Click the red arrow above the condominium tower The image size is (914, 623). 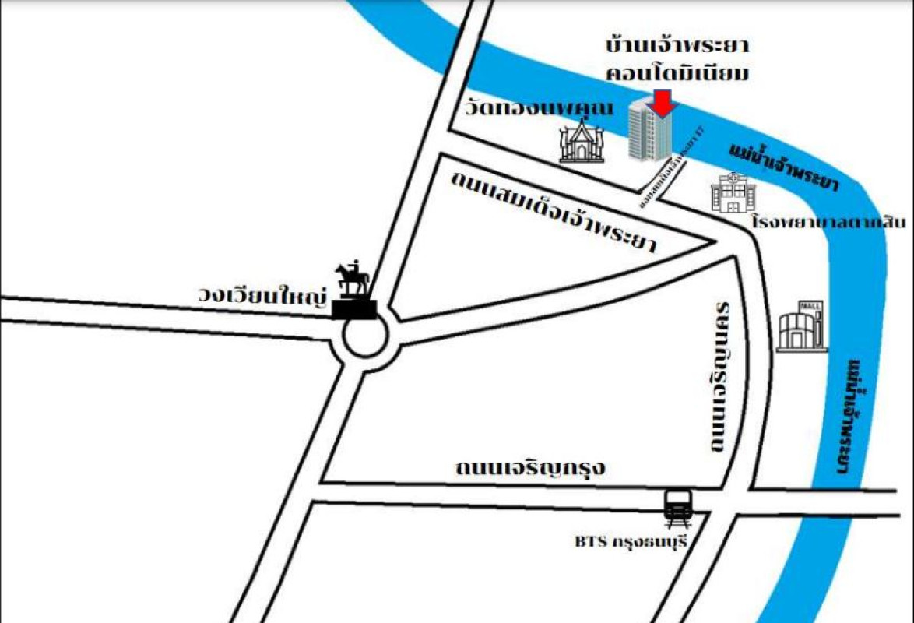[x=661, y=103]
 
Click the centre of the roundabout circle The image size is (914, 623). [x=360, y=340]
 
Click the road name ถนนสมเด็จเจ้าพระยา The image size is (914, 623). [x=554, y=211]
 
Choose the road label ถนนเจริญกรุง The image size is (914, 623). [x=530, y=469]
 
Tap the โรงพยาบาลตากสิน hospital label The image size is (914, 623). [x=826, y=220]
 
